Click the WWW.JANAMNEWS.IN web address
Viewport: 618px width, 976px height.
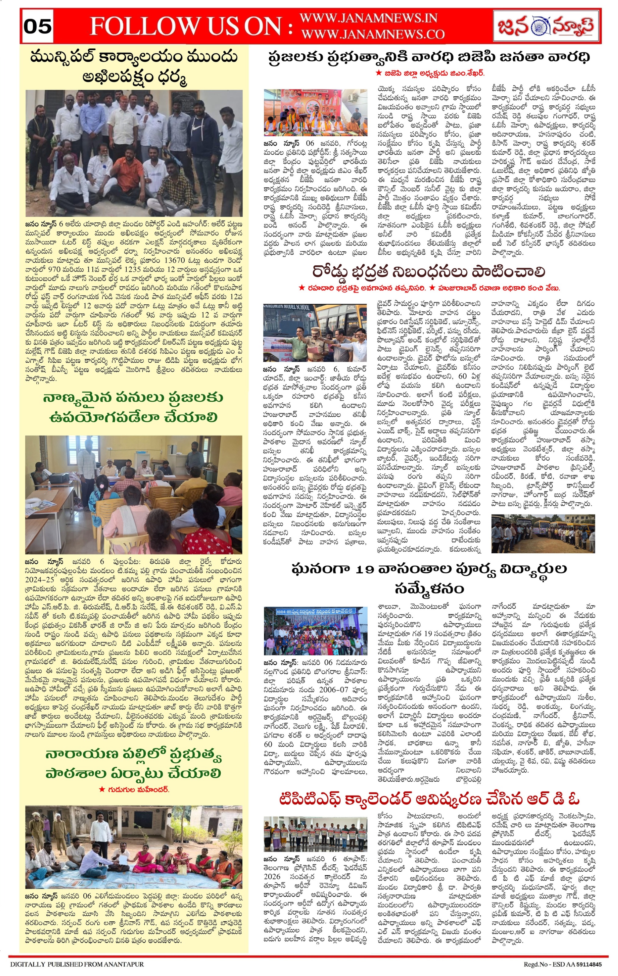pyautogui.click(x=368, y=18)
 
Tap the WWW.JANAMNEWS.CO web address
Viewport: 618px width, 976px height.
pyautogui.click(x=373, y=34)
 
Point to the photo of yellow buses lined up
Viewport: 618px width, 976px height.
pyautogui.click(x=543, y=533)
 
